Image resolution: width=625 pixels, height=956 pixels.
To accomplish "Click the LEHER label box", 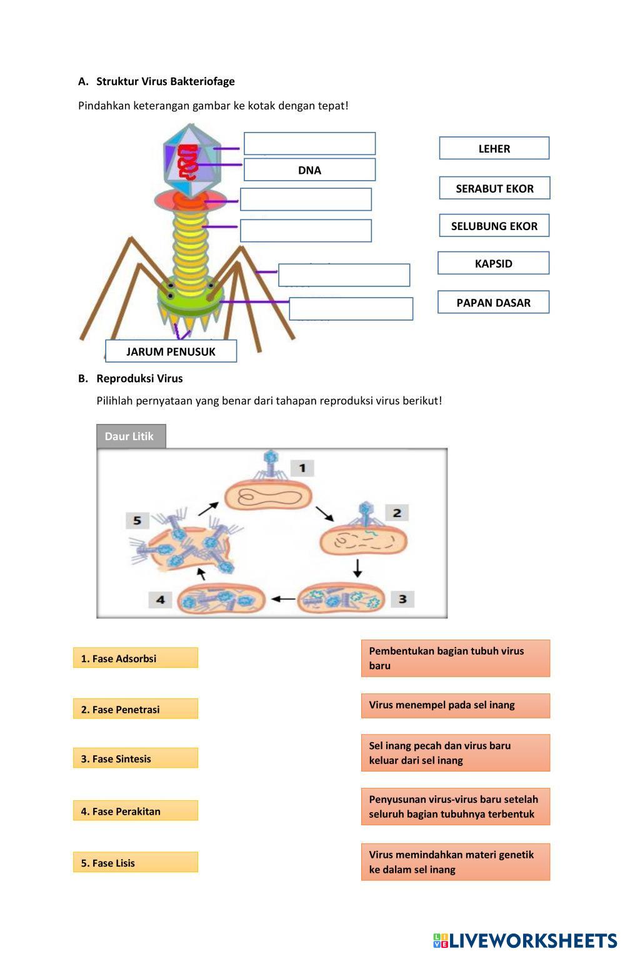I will point(494,148).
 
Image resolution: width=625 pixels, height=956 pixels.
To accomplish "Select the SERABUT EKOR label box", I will point(494,188).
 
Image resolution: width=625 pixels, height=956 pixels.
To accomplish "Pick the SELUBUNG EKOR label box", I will point(494,226).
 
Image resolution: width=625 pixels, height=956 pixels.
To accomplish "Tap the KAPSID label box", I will point(493,263).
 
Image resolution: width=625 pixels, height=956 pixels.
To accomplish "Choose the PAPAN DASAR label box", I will point(493,303).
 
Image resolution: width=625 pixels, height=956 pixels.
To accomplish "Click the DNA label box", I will point(309,170).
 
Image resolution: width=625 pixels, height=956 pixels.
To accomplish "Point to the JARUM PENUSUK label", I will point(171,351).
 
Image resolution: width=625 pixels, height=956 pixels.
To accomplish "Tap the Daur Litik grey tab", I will point(131,436).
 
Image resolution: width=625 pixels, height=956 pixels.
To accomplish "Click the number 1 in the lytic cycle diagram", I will point(302,468).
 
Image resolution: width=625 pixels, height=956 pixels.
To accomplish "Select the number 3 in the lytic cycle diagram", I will point(402,599).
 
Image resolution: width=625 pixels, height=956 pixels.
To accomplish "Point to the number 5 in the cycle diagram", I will point(137,520).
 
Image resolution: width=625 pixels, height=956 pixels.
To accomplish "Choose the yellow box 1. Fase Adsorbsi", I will point(135,658).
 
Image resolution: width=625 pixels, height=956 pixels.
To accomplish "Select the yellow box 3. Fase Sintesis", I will point(135,758).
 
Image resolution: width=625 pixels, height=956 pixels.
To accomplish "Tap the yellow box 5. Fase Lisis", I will point(135,862).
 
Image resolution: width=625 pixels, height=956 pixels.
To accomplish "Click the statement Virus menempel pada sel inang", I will point(455,705).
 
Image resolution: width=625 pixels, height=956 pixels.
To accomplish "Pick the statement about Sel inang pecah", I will point(455,753).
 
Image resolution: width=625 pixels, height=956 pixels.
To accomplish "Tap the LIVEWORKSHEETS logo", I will point(525,940).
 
